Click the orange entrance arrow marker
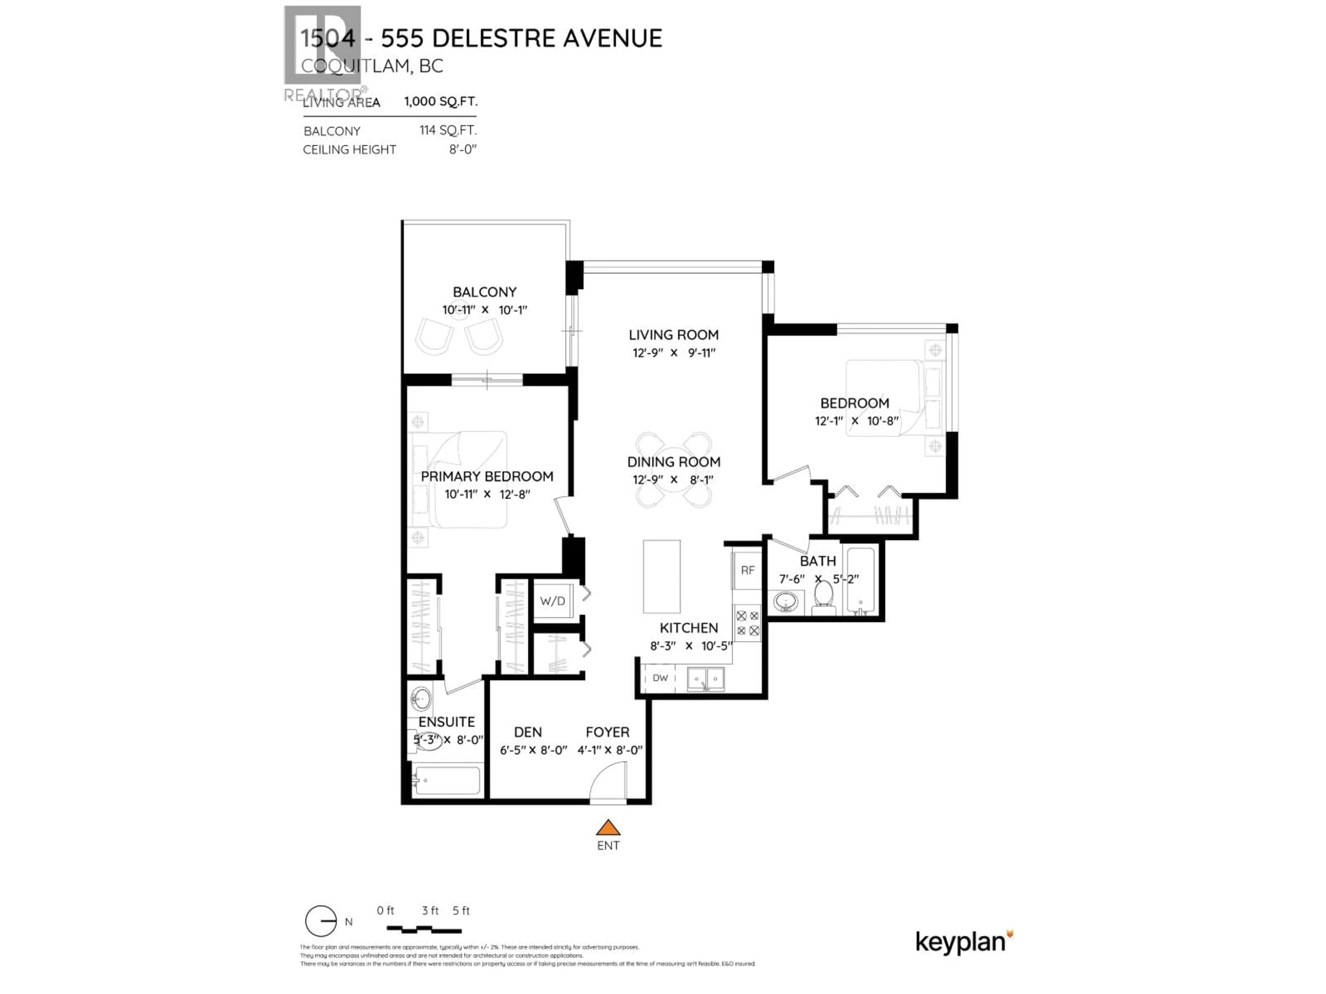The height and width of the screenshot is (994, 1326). coord(608,828)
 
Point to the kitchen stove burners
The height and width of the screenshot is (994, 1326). coord(748,623)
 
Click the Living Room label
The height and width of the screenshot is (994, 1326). coord(673,335)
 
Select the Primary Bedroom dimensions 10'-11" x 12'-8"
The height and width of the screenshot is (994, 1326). coord(487,494)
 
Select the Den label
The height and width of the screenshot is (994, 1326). coord(528,732)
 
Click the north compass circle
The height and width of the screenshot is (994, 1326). coord(321,921)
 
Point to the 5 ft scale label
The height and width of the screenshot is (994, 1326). coord(461,911)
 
